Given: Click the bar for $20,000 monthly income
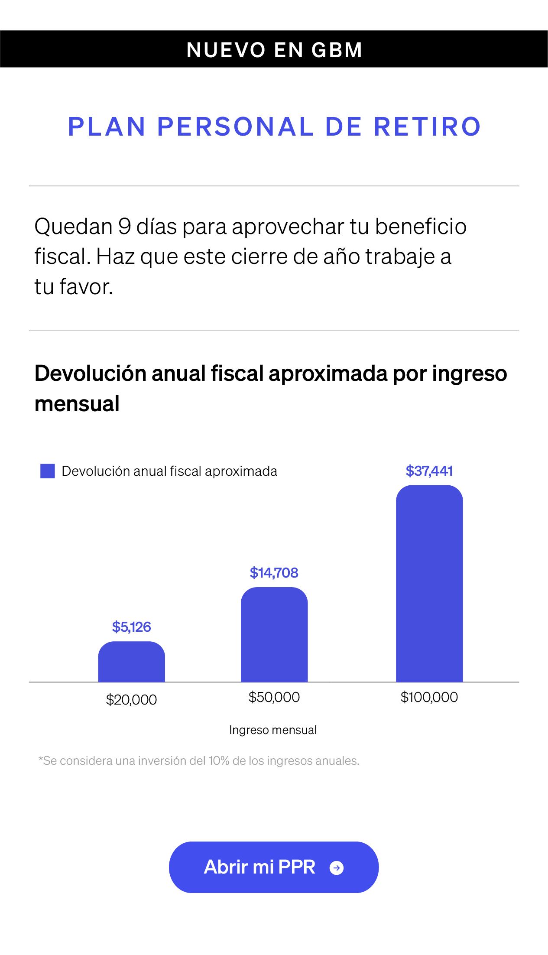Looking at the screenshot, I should point(131,662).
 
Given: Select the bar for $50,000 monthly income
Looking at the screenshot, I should point(274,635).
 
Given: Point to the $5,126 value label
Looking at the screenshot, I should point(131,627).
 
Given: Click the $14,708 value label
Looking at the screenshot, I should point(274,573).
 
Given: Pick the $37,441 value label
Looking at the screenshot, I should point(429,471).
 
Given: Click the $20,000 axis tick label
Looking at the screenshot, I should point(131,699).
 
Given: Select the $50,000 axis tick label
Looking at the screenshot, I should point(274,697).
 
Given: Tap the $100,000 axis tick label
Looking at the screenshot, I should point(429,697).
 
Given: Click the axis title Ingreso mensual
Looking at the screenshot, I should point(273,730).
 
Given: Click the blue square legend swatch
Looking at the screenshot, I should point(48,471).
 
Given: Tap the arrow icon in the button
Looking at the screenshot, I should point(337,868).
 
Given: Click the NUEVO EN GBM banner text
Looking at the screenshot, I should point(274,50).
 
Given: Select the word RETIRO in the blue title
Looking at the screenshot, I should point(427,127).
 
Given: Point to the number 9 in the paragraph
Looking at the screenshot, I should point(124,227).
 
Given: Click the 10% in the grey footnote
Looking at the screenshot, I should point(219,761).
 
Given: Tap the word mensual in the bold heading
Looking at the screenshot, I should point(77,404).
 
